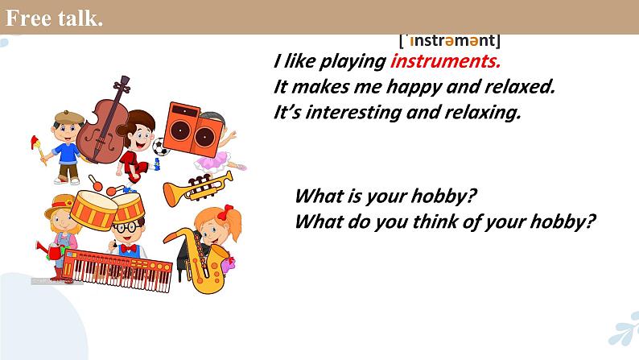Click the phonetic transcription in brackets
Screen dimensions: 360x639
click(x=450, y=39)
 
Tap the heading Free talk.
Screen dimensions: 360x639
click(x=54, y=18)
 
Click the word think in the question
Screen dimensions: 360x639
click(x=439, y=221)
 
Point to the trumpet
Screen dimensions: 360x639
click(x=196, y=188)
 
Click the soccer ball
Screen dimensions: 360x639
click(x=160, y=148)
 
